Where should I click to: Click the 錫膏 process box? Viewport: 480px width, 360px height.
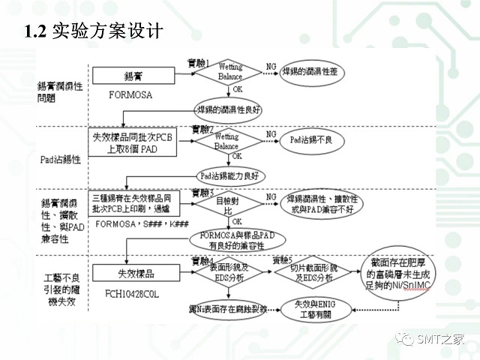click(x=133, y=76)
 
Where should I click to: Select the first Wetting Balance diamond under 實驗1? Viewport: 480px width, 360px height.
click(x=230, y=73)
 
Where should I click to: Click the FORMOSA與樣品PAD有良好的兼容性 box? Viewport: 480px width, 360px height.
click(x=238, y=239)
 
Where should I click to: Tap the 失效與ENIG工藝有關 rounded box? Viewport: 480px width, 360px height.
click(x=313, y=308)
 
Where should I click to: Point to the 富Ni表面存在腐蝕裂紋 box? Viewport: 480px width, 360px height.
click(x=227, y=308)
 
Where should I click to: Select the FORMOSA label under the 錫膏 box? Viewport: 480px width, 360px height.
click(x=130, y=95)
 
